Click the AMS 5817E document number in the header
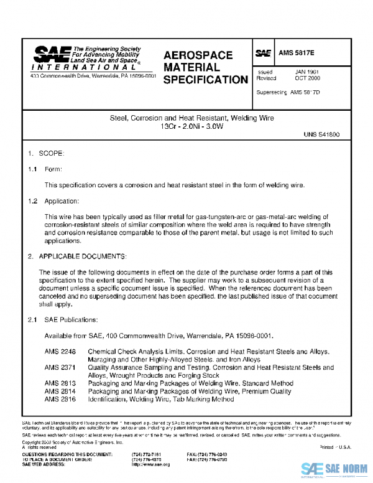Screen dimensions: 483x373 [x=298, y=54]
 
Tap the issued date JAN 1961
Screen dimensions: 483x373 [x=306, y=72]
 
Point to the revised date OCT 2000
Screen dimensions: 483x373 [x=306, y=78]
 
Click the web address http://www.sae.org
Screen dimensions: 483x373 [x=150, y=464]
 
